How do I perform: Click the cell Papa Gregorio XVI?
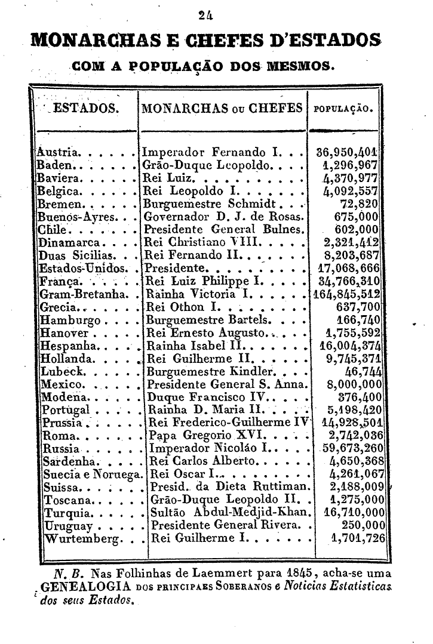point(202,434)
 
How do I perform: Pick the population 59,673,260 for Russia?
point(353,448)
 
